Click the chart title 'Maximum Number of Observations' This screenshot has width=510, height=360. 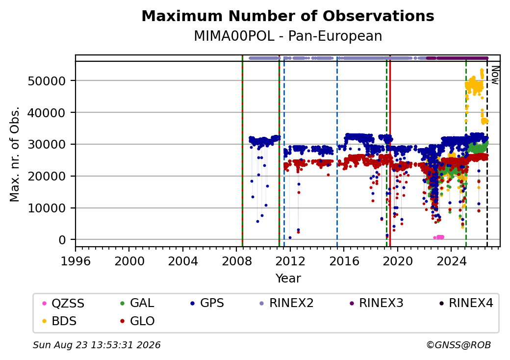point(288,16)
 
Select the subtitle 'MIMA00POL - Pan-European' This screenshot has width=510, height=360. point(288,36)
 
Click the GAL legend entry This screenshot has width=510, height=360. point(137,303)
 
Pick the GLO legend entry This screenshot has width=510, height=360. point(137,321)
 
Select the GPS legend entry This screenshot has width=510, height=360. point(207,303)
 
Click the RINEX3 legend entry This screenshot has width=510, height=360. point(376,303)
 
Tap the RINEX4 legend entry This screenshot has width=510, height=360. point(466,303)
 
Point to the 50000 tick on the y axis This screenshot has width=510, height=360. point(47,81)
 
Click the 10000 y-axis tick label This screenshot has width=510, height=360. point(47,208)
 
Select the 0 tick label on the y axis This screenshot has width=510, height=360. point(62,240)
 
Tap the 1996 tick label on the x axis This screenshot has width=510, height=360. point(76,261)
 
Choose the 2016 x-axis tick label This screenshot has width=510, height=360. point(344,261)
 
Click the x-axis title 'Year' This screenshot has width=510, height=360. point(288,279)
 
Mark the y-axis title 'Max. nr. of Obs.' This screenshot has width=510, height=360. point(15,154)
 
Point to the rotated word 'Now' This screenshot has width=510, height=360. point(495,75)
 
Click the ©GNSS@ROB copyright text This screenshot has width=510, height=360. point(459,345)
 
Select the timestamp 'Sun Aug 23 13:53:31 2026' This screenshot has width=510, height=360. point(97,345)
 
